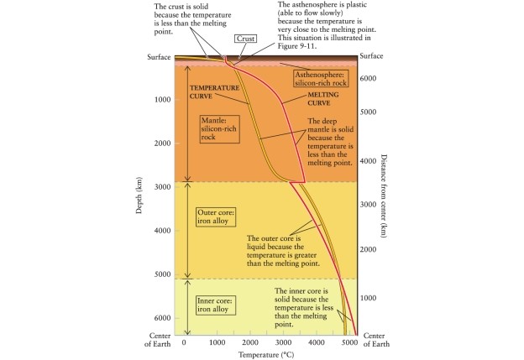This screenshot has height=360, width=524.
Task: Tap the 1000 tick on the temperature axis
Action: coord(216,342)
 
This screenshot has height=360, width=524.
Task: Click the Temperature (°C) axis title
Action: coord(265,353)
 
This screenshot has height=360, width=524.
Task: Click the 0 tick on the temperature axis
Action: coord(184,342)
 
